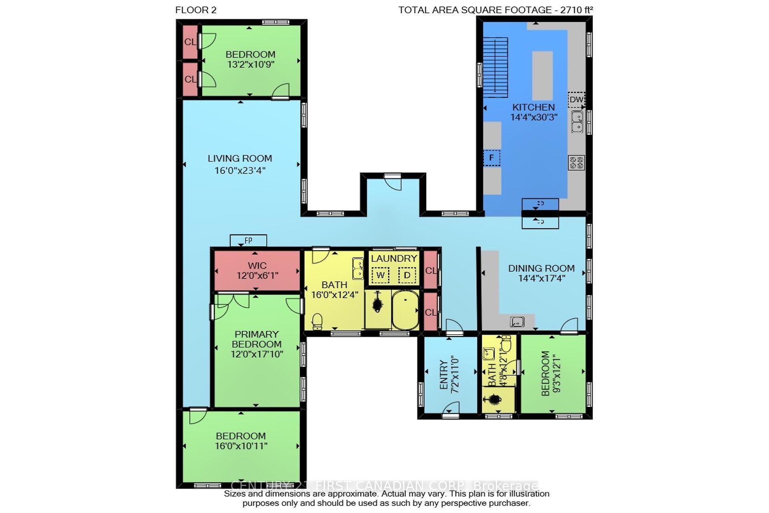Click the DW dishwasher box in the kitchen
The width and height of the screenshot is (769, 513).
[576, 100]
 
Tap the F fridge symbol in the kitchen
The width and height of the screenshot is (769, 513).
[491, 158]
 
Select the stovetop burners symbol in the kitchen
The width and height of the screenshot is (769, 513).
[576, 163]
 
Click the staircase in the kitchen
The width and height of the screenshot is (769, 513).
[495, 67]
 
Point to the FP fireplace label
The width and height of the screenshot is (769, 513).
[248, 240]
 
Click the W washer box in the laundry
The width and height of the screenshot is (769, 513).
[380, 275]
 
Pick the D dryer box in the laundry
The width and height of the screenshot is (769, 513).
[407, 275]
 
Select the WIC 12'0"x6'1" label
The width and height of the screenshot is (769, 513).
[257, 271]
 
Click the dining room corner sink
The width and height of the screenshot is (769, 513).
[517, 321]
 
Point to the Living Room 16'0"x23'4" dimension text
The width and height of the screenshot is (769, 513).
[240, 170]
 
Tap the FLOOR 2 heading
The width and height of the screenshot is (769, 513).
[196, 10]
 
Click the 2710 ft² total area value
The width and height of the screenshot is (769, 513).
[576, 10]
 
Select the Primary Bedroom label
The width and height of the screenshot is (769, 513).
[257, 339]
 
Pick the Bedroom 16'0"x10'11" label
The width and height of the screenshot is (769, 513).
[241, 441]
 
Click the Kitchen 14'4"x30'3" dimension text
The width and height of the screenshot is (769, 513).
[533, 117]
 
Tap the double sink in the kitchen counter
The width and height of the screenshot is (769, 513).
[577, 122]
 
